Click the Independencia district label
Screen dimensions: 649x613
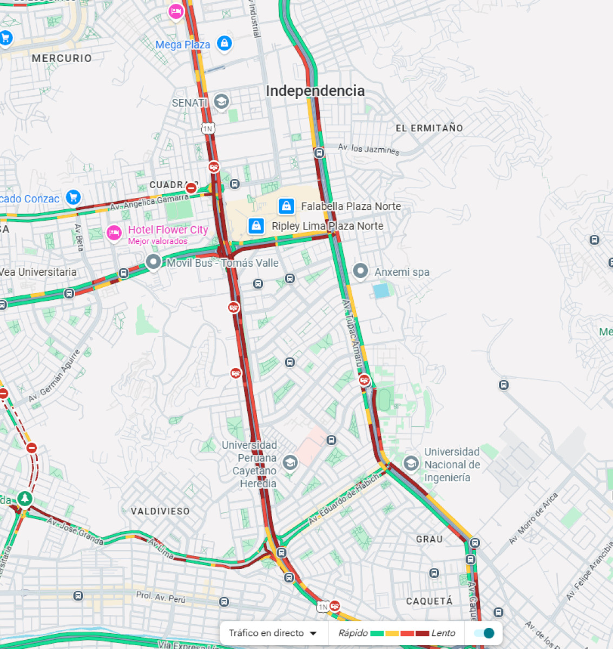[x=315, y=91]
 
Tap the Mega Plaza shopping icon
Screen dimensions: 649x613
[x=224, y=43]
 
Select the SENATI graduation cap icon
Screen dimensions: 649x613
[x=221, y=101]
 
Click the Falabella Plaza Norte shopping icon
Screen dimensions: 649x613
[x=286, y=206]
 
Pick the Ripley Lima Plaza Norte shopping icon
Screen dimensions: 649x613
[x=256, y=226]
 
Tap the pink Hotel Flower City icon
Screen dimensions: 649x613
[x=114, y=233]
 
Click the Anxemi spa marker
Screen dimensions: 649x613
[x=360, y=271]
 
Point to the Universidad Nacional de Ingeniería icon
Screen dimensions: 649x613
[x=411, y=463]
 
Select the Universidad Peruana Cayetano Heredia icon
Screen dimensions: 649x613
[x=290, y=462]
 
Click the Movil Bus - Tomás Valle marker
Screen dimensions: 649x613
[x=154, y=262]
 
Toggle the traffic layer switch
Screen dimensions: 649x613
[x=484, y=633]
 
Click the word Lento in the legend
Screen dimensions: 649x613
[x=443, y=633]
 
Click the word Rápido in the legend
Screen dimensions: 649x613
[x=353, y=633]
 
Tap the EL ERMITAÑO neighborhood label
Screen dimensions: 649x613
[x=429, y=128]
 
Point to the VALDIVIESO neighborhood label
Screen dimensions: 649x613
[x=160, y=511]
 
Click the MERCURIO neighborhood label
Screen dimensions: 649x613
[x=62, y=58]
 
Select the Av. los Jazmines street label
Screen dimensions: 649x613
[x=368, y=149]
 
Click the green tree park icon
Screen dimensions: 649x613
[x=24, y=498]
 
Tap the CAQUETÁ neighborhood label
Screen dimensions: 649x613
[x=429, y=601]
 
